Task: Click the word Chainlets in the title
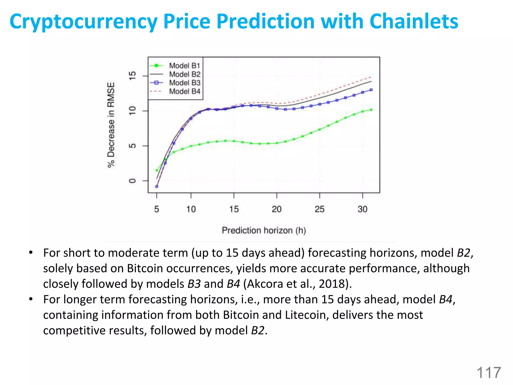click(x=414, y=21)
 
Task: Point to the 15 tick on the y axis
click(x=132, y=75)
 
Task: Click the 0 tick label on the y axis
click(x=132, y=181)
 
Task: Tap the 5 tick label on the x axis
click(x=157, y=209)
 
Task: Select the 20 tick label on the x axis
click(x=277, y=209)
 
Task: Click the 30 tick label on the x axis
click(x=362, y=209)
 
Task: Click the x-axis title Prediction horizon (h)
click(x=264, y=230)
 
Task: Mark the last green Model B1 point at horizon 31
click(x=371, y=110)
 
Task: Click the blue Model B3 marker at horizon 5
click(x=157, y=186)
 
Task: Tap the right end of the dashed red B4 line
click(x=371, y=77)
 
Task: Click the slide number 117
click(x=488, y=373)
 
